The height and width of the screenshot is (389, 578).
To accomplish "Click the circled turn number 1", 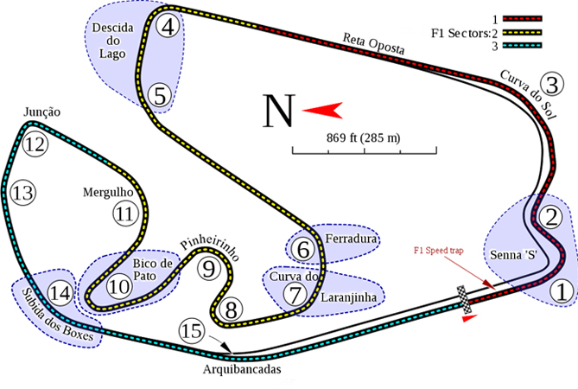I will [x=563, y=291].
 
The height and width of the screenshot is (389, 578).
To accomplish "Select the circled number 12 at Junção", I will [x=34, y=144].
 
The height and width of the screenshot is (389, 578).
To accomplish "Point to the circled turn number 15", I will [x=191, y=330].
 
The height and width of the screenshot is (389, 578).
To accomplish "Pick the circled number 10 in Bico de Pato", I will [x=119, y=284].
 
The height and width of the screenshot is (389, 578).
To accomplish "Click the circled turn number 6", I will [x=303, y=250].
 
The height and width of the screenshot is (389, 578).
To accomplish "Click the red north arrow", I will [x=322, y=110].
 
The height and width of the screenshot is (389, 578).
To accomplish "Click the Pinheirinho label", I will [x=208, y=247].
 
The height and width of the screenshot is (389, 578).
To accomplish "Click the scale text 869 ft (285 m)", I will [x=363, y=137].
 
